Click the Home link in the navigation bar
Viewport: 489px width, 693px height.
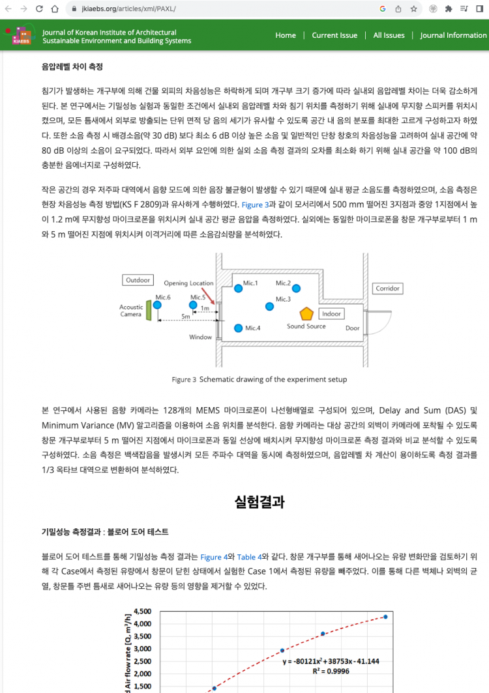[x=286, y=35]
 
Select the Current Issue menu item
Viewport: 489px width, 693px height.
[x=334, y=35]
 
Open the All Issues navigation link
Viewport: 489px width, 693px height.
[x=389, y=35]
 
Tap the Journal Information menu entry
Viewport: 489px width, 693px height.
[x=453, y=35]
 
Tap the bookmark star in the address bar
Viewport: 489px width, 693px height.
[x=414, y=9]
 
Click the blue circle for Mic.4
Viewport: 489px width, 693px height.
[x=239, y=328]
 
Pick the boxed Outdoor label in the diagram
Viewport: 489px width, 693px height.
[x=138, y=280]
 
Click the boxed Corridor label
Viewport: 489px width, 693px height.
[x=387, y=288]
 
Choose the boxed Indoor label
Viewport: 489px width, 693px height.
[x=331, y=314]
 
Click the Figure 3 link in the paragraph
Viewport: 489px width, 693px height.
[x=256, y=205]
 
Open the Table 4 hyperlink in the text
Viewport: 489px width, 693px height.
[x=249, y=557]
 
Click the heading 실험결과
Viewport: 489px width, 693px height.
[x=259, y=502]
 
